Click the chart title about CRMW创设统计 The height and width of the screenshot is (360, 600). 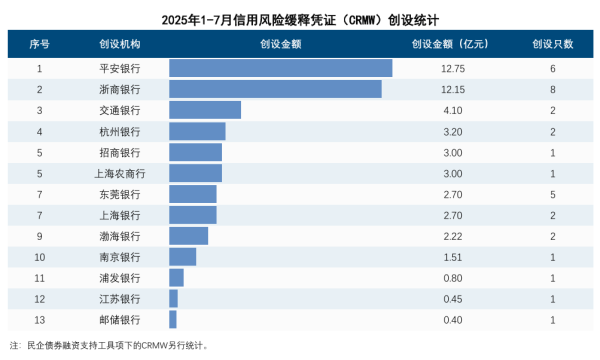[x=299, y=19]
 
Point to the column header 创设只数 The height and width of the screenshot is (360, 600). [x=552, y=45]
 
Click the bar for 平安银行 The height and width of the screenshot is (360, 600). [x=280, y=68]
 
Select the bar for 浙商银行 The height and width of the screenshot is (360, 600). [x=275, y=89]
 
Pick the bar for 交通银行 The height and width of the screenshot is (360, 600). [x=205, y=110]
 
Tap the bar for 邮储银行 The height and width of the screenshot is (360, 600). [x=173, y=319]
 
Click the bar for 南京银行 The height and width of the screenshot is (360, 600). [x=183, y=257]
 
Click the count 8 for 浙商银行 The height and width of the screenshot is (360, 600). [x=552, y=89]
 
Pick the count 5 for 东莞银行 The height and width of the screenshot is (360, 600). [x=552, y=194]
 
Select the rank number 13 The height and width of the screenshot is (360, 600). [x=39, y=319]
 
